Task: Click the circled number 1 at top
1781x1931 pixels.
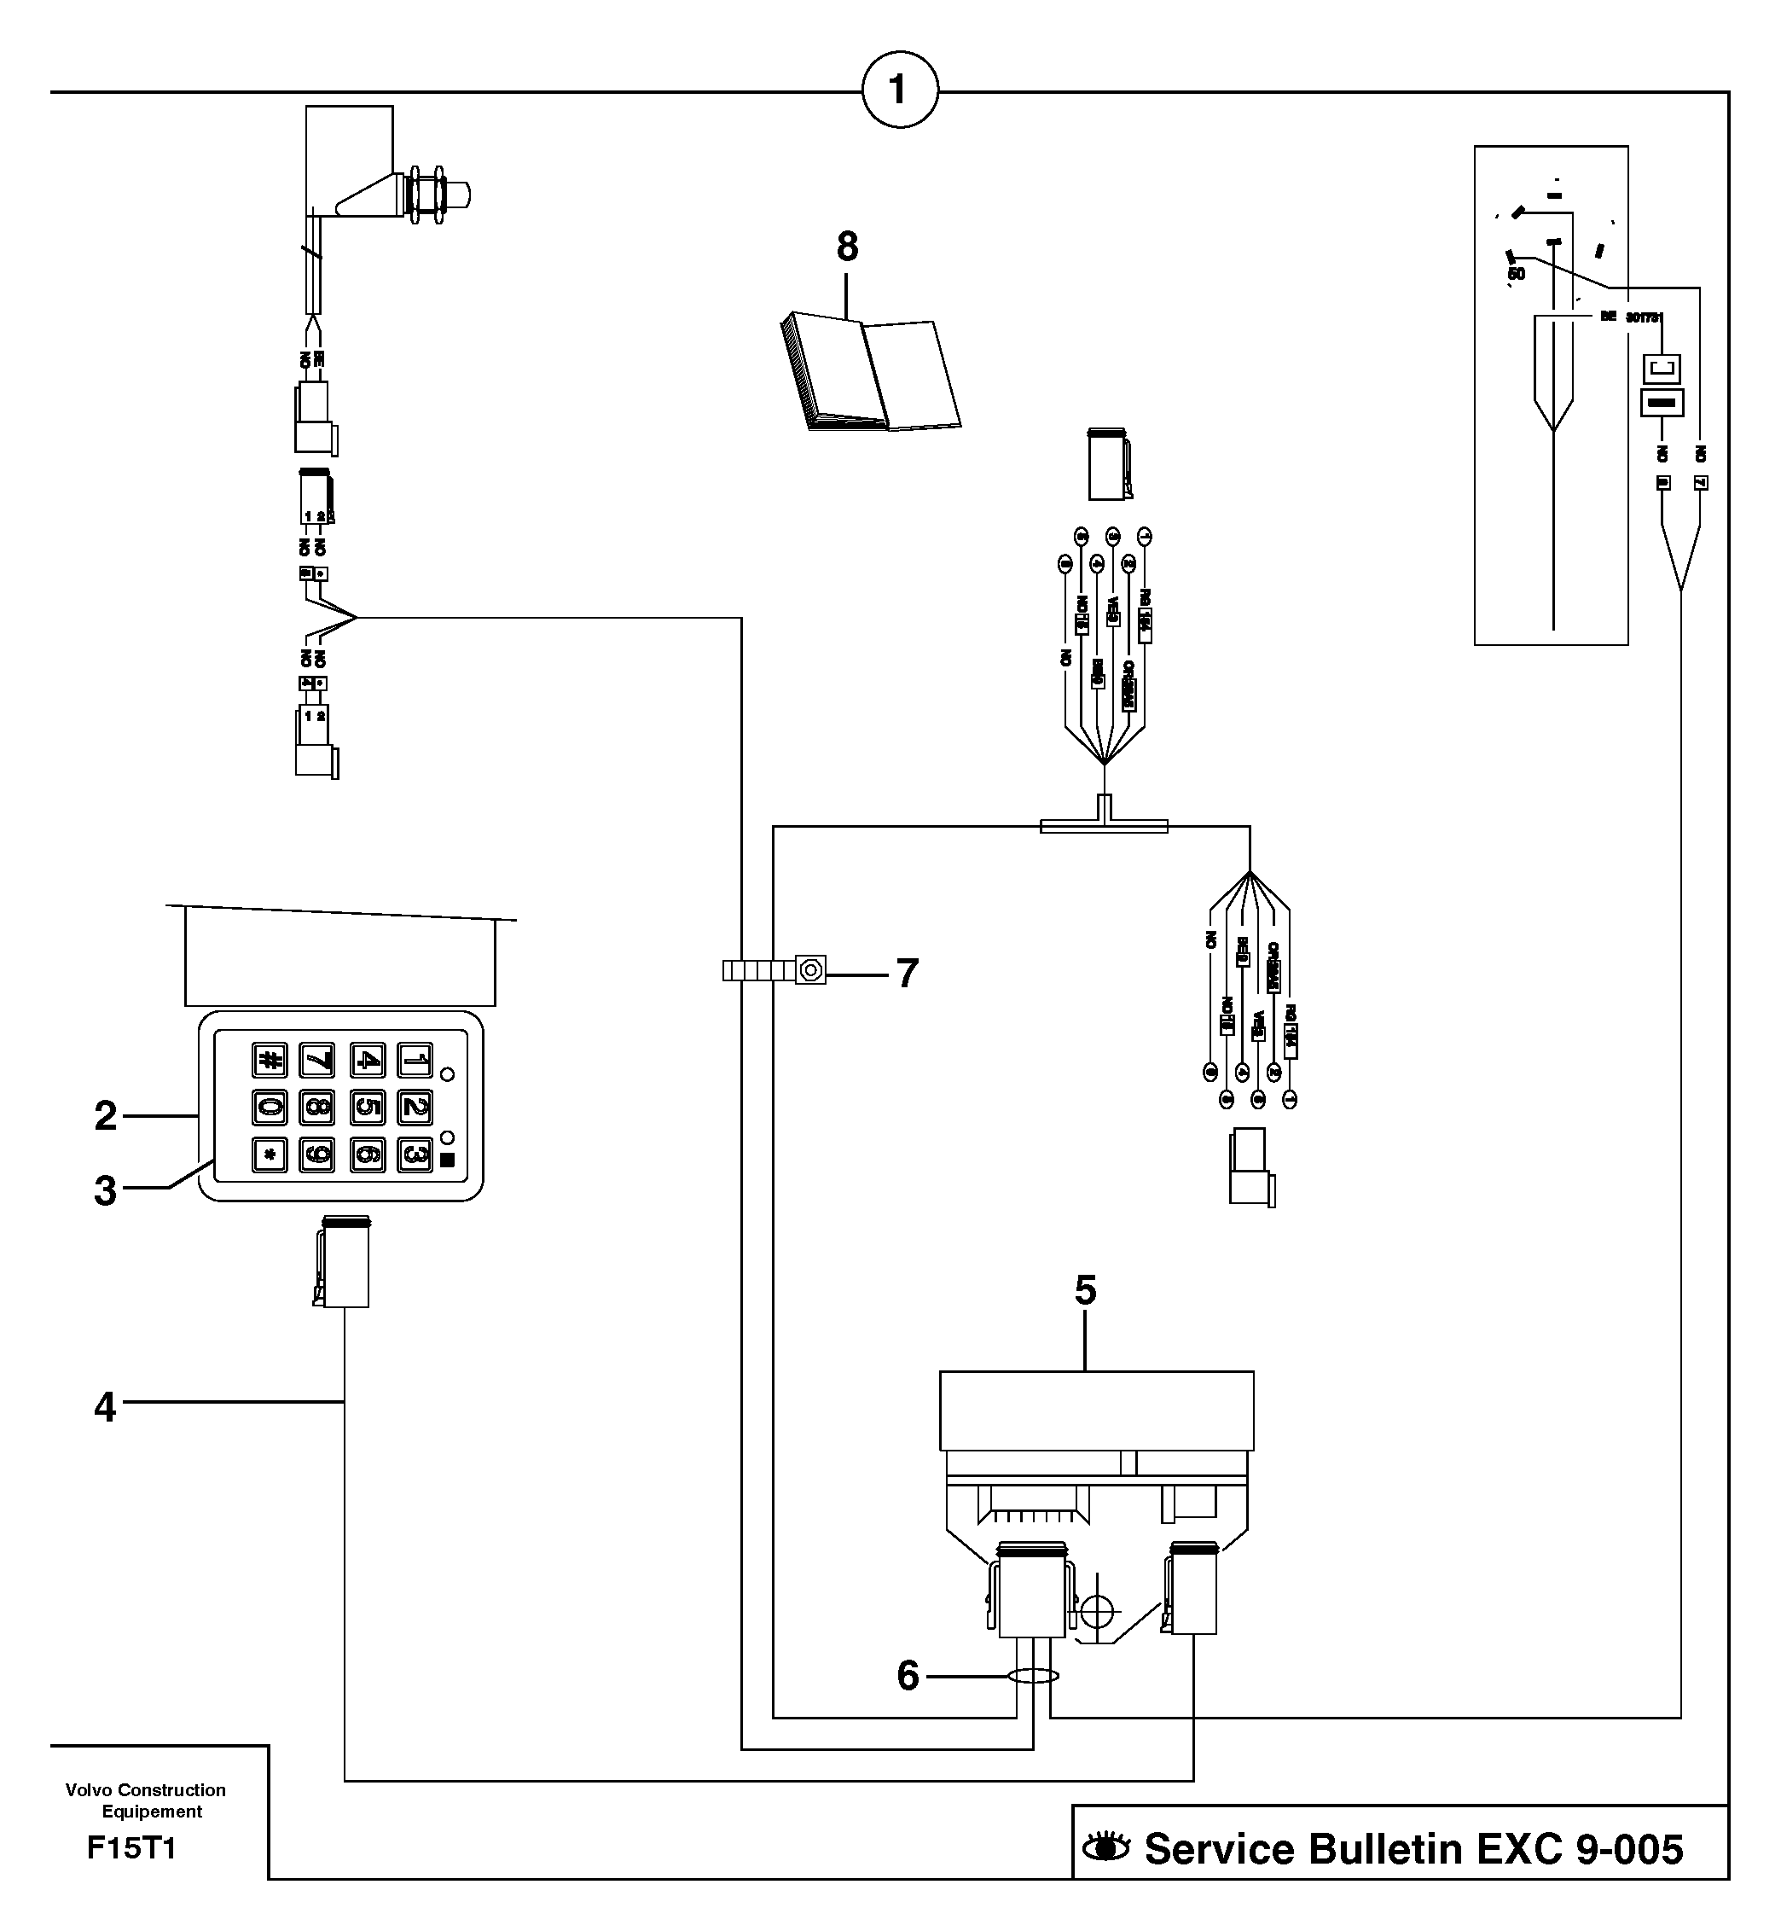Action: point(899,90)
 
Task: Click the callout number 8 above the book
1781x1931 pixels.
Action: point(847,247)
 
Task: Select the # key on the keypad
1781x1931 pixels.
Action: point(270,1061)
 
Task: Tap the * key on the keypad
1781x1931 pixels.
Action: point(270,1154)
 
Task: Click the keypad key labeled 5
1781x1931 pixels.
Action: point(367,1107)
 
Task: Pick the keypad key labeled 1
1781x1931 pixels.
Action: point(415,1061)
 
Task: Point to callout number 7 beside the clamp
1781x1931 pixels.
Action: point(907,974)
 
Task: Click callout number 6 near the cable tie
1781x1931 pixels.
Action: point(908,1677)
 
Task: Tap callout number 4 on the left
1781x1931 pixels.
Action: point(104,1408)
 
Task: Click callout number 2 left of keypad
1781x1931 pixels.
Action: point(105,1116)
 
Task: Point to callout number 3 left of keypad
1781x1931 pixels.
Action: point(105,1191)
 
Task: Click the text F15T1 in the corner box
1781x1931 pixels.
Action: point(131,1848)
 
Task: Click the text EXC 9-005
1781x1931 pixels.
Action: point(1580,1849)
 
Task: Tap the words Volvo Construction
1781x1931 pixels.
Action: point(146,1790)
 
